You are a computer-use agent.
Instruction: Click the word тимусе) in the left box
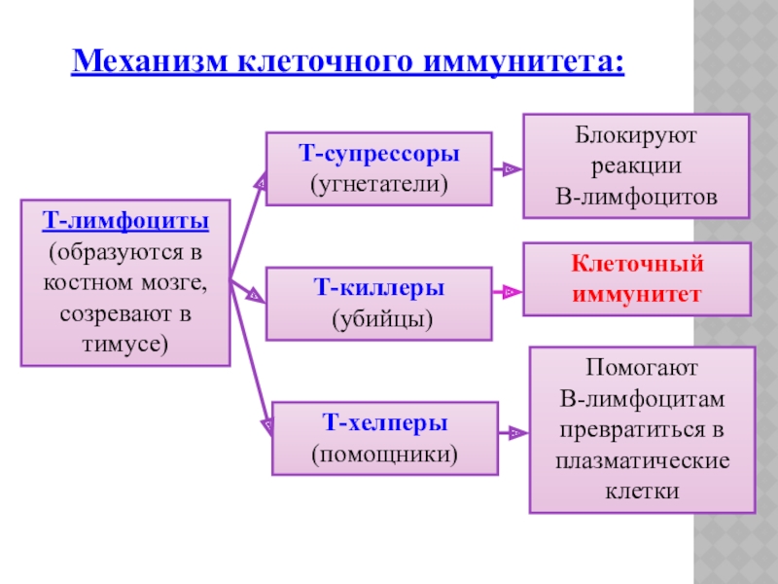tap(125, 344)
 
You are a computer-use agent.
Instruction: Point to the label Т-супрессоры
tap(379, 154)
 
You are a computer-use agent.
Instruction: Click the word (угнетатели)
tap(379, 182)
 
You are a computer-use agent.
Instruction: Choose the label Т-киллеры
tap(379, 288)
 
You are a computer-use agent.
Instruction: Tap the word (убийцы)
tap(379, 317)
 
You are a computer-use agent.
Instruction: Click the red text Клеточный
tap(637, 264)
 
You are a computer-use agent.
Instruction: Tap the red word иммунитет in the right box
tap(637, 293)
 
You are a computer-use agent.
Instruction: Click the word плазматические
tap(643, 459)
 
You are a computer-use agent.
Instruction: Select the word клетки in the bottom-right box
tap(643, 491)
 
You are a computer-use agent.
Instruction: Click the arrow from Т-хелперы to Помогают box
tap(512, 430)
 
